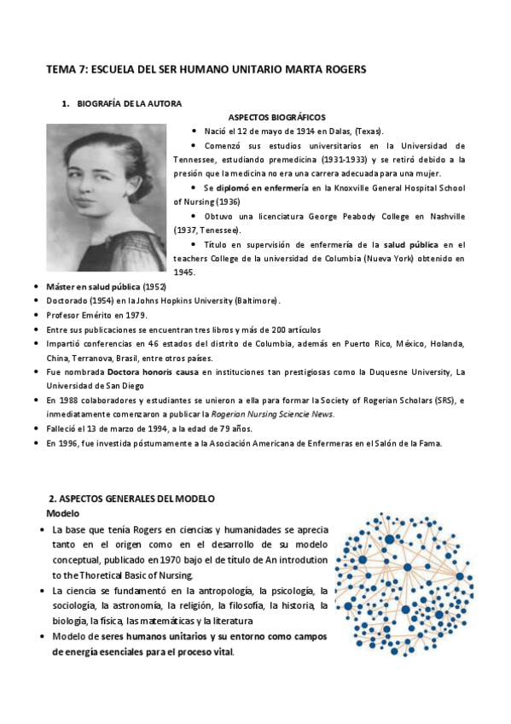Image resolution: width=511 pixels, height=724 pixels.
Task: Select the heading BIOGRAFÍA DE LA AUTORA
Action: tap(129, 103)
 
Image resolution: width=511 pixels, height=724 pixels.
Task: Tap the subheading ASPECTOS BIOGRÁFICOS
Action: tap(276, 117)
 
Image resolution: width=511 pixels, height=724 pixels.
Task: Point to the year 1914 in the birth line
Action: tap(306, 131)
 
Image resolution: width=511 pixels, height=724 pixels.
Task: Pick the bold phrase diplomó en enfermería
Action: tap(261, 187)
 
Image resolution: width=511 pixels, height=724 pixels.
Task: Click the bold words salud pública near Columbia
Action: tap(407, 243)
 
